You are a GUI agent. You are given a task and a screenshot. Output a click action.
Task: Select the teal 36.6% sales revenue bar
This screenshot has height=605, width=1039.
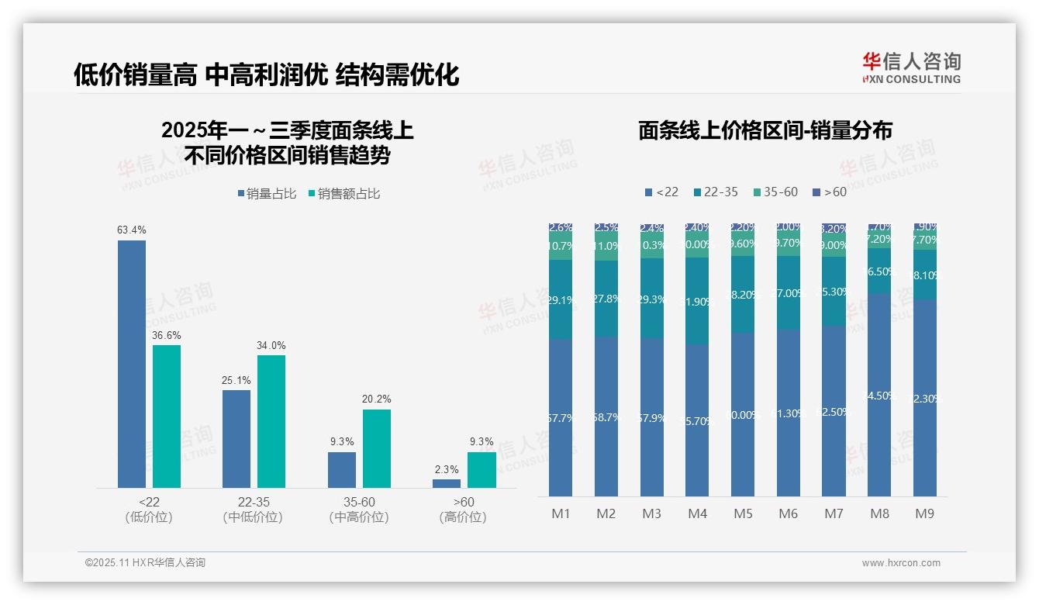tap(167, 416)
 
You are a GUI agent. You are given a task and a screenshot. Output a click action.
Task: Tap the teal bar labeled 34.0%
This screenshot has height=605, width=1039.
tap(271, 421)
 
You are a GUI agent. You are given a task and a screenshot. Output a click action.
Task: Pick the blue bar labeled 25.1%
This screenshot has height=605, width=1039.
tap(236, 438)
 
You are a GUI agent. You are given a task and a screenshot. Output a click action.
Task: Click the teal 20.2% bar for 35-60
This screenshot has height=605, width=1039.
tap(377, 448)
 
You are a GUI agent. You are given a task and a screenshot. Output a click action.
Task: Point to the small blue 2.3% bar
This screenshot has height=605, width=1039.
tap(447, 483)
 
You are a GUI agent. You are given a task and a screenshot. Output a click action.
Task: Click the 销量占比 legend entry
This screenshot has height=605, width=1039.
tap(267, 194)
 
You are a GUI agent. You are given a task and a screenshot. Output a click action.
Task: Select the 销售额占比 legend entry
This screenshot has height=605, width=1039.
tap(344, 194)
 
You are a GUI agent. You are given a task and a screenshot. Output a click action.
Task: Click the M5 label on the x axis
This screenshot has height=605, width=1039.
tap(743, 513)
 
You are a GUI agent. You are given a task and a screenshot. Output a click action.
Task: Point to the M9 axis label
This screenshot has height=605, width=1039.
tap(925, 513)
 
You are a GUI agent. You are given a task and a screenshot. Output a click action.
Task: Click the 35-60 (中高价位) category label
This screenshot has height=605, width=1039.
tap(359, 510)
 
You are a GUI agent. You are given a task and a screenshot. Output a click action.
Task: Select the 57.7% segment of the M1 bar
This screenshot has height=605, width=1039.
tap(561, 417)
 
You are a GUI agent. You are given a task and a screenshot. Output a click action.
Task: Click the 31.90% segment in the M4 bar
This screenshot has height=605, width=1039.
tap(697, 301)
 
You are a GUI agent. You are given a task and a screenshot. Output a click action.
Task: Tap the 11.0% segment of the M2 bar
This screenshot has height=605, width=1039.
tap(606, 247)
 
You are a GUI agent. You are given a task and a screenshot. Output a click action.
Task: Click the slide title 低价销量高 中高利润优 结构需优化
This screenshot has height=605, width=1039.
tap(267, 74)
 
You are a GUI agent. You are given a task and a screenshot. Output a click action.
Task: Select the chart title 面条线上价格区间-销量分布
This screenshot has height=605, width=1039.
tap(765, 130)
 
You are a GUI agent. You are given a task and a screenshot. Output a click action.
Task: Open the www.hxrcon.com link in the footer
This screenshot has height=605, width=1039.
tap(901, 563)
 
